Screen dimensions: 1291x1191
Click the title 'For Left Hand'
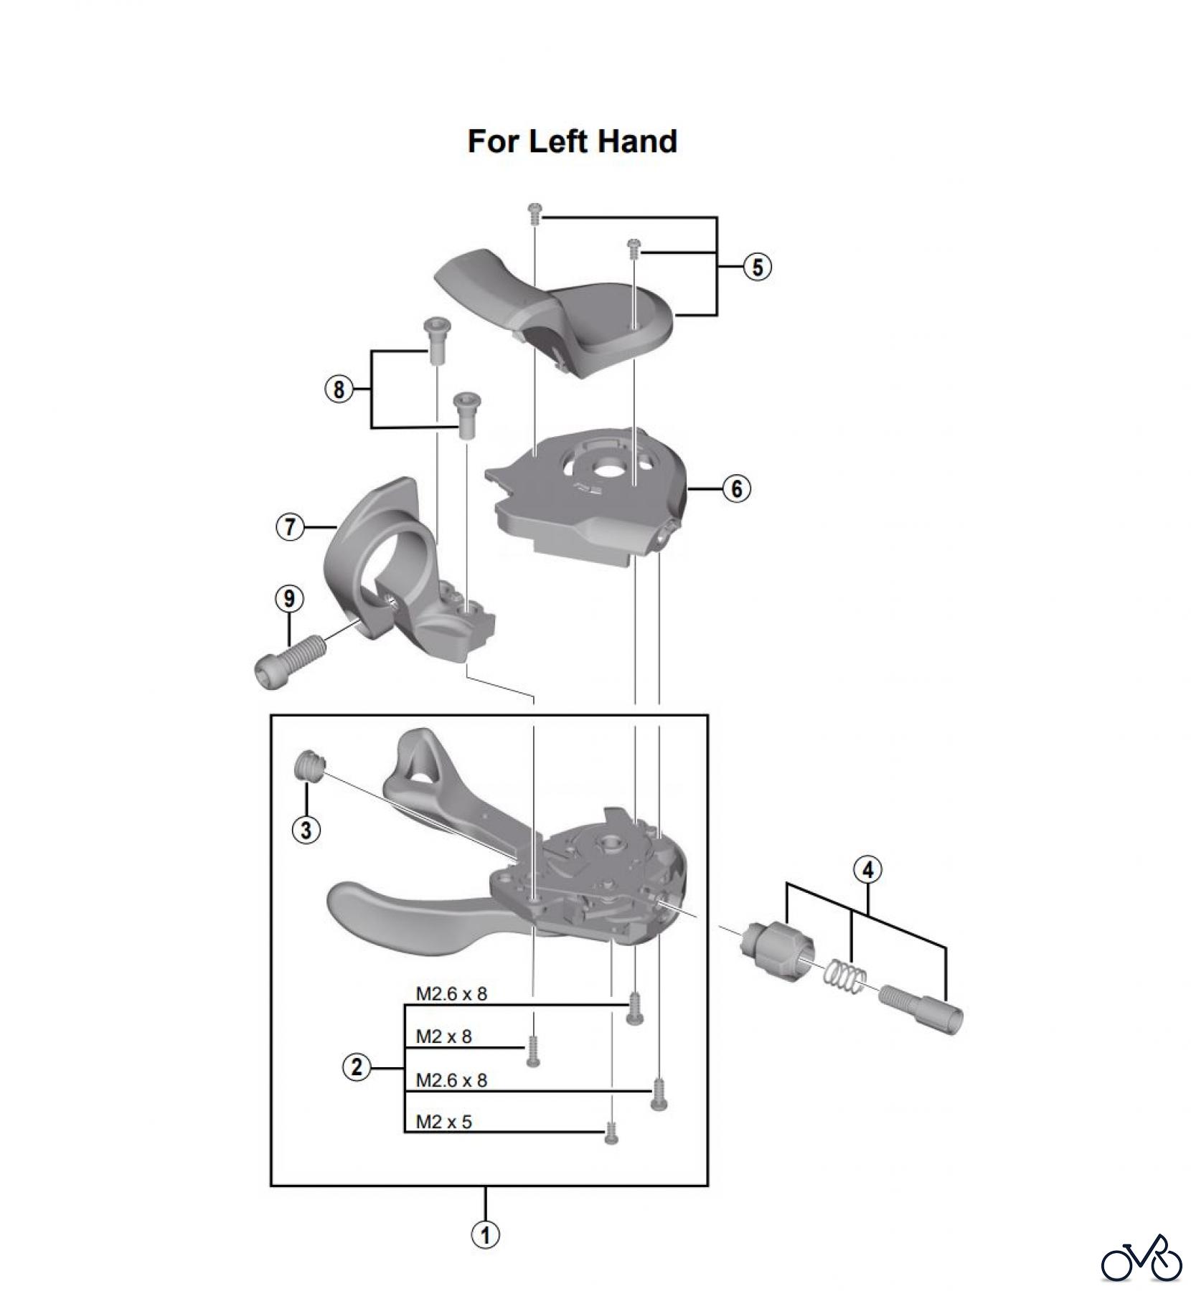(572, 141)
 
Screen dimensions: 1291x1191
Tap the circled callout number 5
(757, 267)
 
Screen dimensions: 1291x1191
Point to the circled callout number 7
(290, 528)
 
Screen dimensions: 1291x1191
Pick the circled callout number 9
(289, 598)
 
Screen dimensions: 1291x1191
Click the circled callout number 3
(306, 830)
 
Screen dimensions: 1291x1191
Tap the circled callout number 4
(867, 870)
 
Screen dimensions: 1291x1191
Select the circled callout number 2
(357, 1068)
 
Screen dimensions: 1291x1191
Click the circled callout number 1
(485, 1235)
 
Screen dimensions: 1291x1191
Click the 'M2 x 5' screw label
(444, 1122)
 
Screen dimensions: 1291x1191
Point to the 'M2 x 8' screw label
(444, 1037)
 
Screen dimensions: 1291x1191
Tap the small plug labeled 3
(309, 766)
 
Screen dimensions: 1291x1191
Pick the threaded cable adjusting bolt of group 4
(921, 1008)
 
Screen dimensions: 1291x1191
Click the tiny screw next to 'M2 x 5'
(611, 1133)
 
